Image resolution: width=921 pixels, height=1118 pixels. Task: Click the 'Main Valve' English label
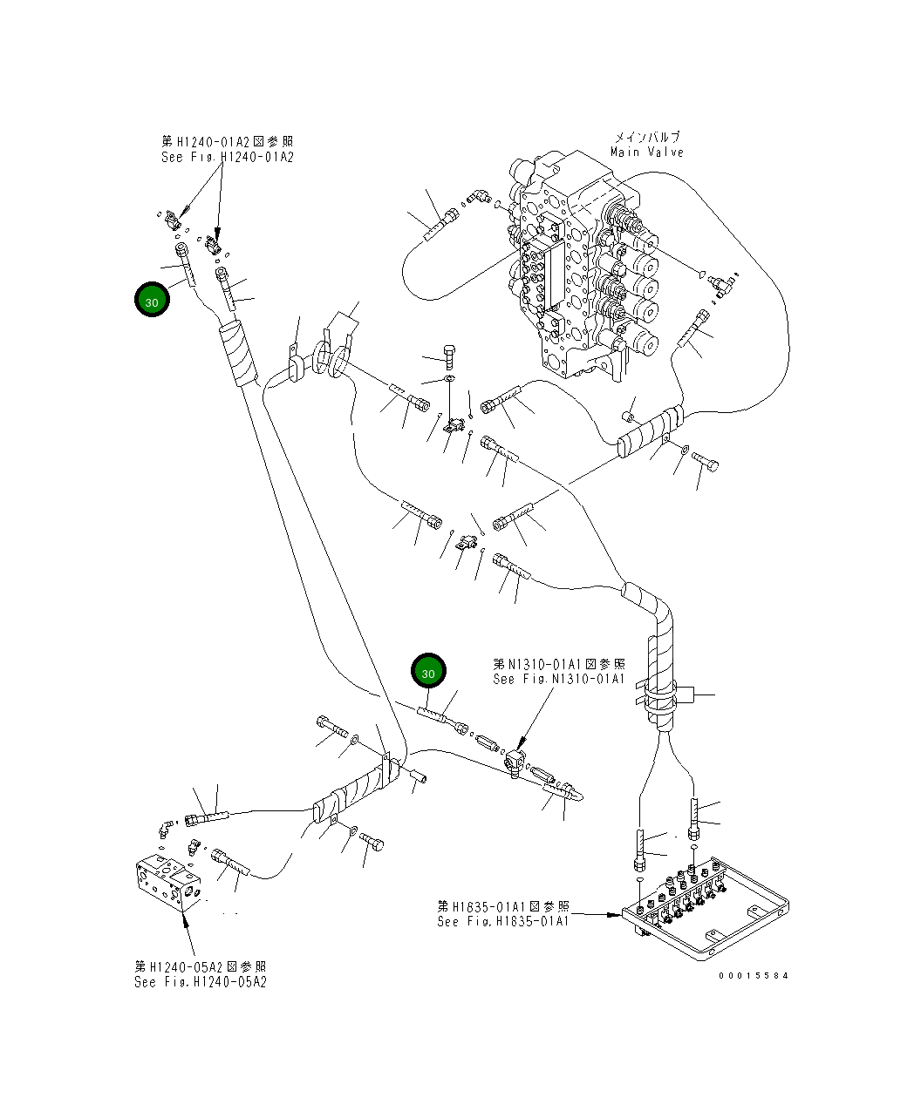click(x=647, y=152)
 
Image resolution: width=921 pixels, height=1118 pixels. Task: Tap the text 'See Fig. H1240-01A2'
click(x=227, y=157)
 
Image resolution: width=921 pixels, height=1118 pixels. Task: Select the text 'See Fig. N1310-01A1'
click(x=559, y=679)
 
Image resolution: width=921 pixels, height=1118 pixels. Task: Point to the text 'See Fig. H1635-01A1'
click(x=503, y=921)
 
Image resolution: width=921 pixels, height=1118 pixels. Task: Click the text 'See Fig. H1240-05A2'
click(x=200, y=982)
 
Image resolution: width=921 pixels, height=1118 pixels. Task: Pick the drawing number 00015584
click(x=754, y=975)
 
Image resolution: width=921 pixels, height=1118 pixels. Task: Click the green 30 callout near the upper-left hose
click(x=153, y=300)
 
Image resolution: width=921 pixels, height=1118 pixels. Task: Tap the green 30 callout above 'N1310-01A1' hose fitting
click(x=429, y=671)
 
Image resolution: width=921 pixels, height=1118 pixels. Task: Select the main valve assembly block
click(x=583, y=265)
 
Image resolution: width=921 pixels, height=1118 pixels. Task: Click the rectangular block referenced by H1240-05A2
click(x=168, y=882)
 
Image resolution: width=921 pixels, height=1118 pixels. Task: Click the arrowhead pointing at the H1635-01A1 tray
click(x=617, y=914)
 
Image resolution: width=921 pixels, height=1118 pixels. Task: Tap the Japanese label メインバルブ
click(x=647, y=138)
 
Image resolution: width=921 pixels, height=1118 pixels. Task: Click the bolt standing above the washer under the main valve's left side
click(x=449, y=356)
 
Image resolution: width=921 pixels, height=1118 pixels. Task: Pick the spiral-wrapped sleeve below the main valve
click(x=651, y=431)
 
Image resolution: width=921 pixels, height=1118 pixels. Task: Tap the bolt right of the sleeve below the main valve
click(x=705, y=462)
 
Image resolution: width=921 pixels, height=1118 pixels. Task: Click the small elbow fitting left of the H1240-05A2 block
click(x=165, y=829)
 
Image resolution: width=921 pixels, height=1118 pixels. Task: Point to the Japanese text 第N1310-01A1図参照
click(x=559, y=664)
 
